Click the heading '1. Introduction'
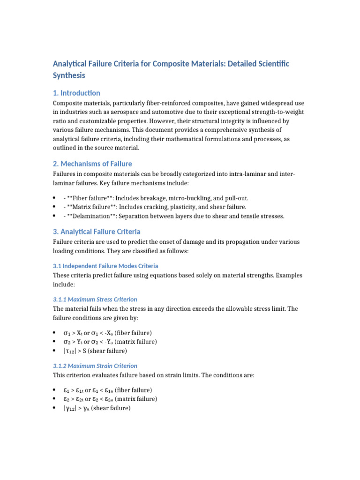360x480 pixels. point(76,93)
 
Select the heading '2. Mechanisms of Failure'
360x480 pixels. point(92,164)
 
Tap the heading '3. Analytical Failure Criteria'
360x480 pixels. point(97,232)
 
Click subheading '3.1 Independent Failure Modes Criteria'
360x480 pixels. point(105,266)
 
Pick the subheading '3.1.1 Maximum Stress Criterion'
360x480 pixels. point(95,299)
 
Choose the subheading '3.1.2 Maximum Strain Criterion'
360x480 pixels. point(95,366)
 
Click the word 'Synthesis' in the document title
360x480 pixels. point(69,75)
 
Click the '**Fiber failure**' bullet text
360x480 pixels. point(87,198)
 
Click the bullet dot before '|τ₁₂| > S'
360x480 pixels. point(55,351)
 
